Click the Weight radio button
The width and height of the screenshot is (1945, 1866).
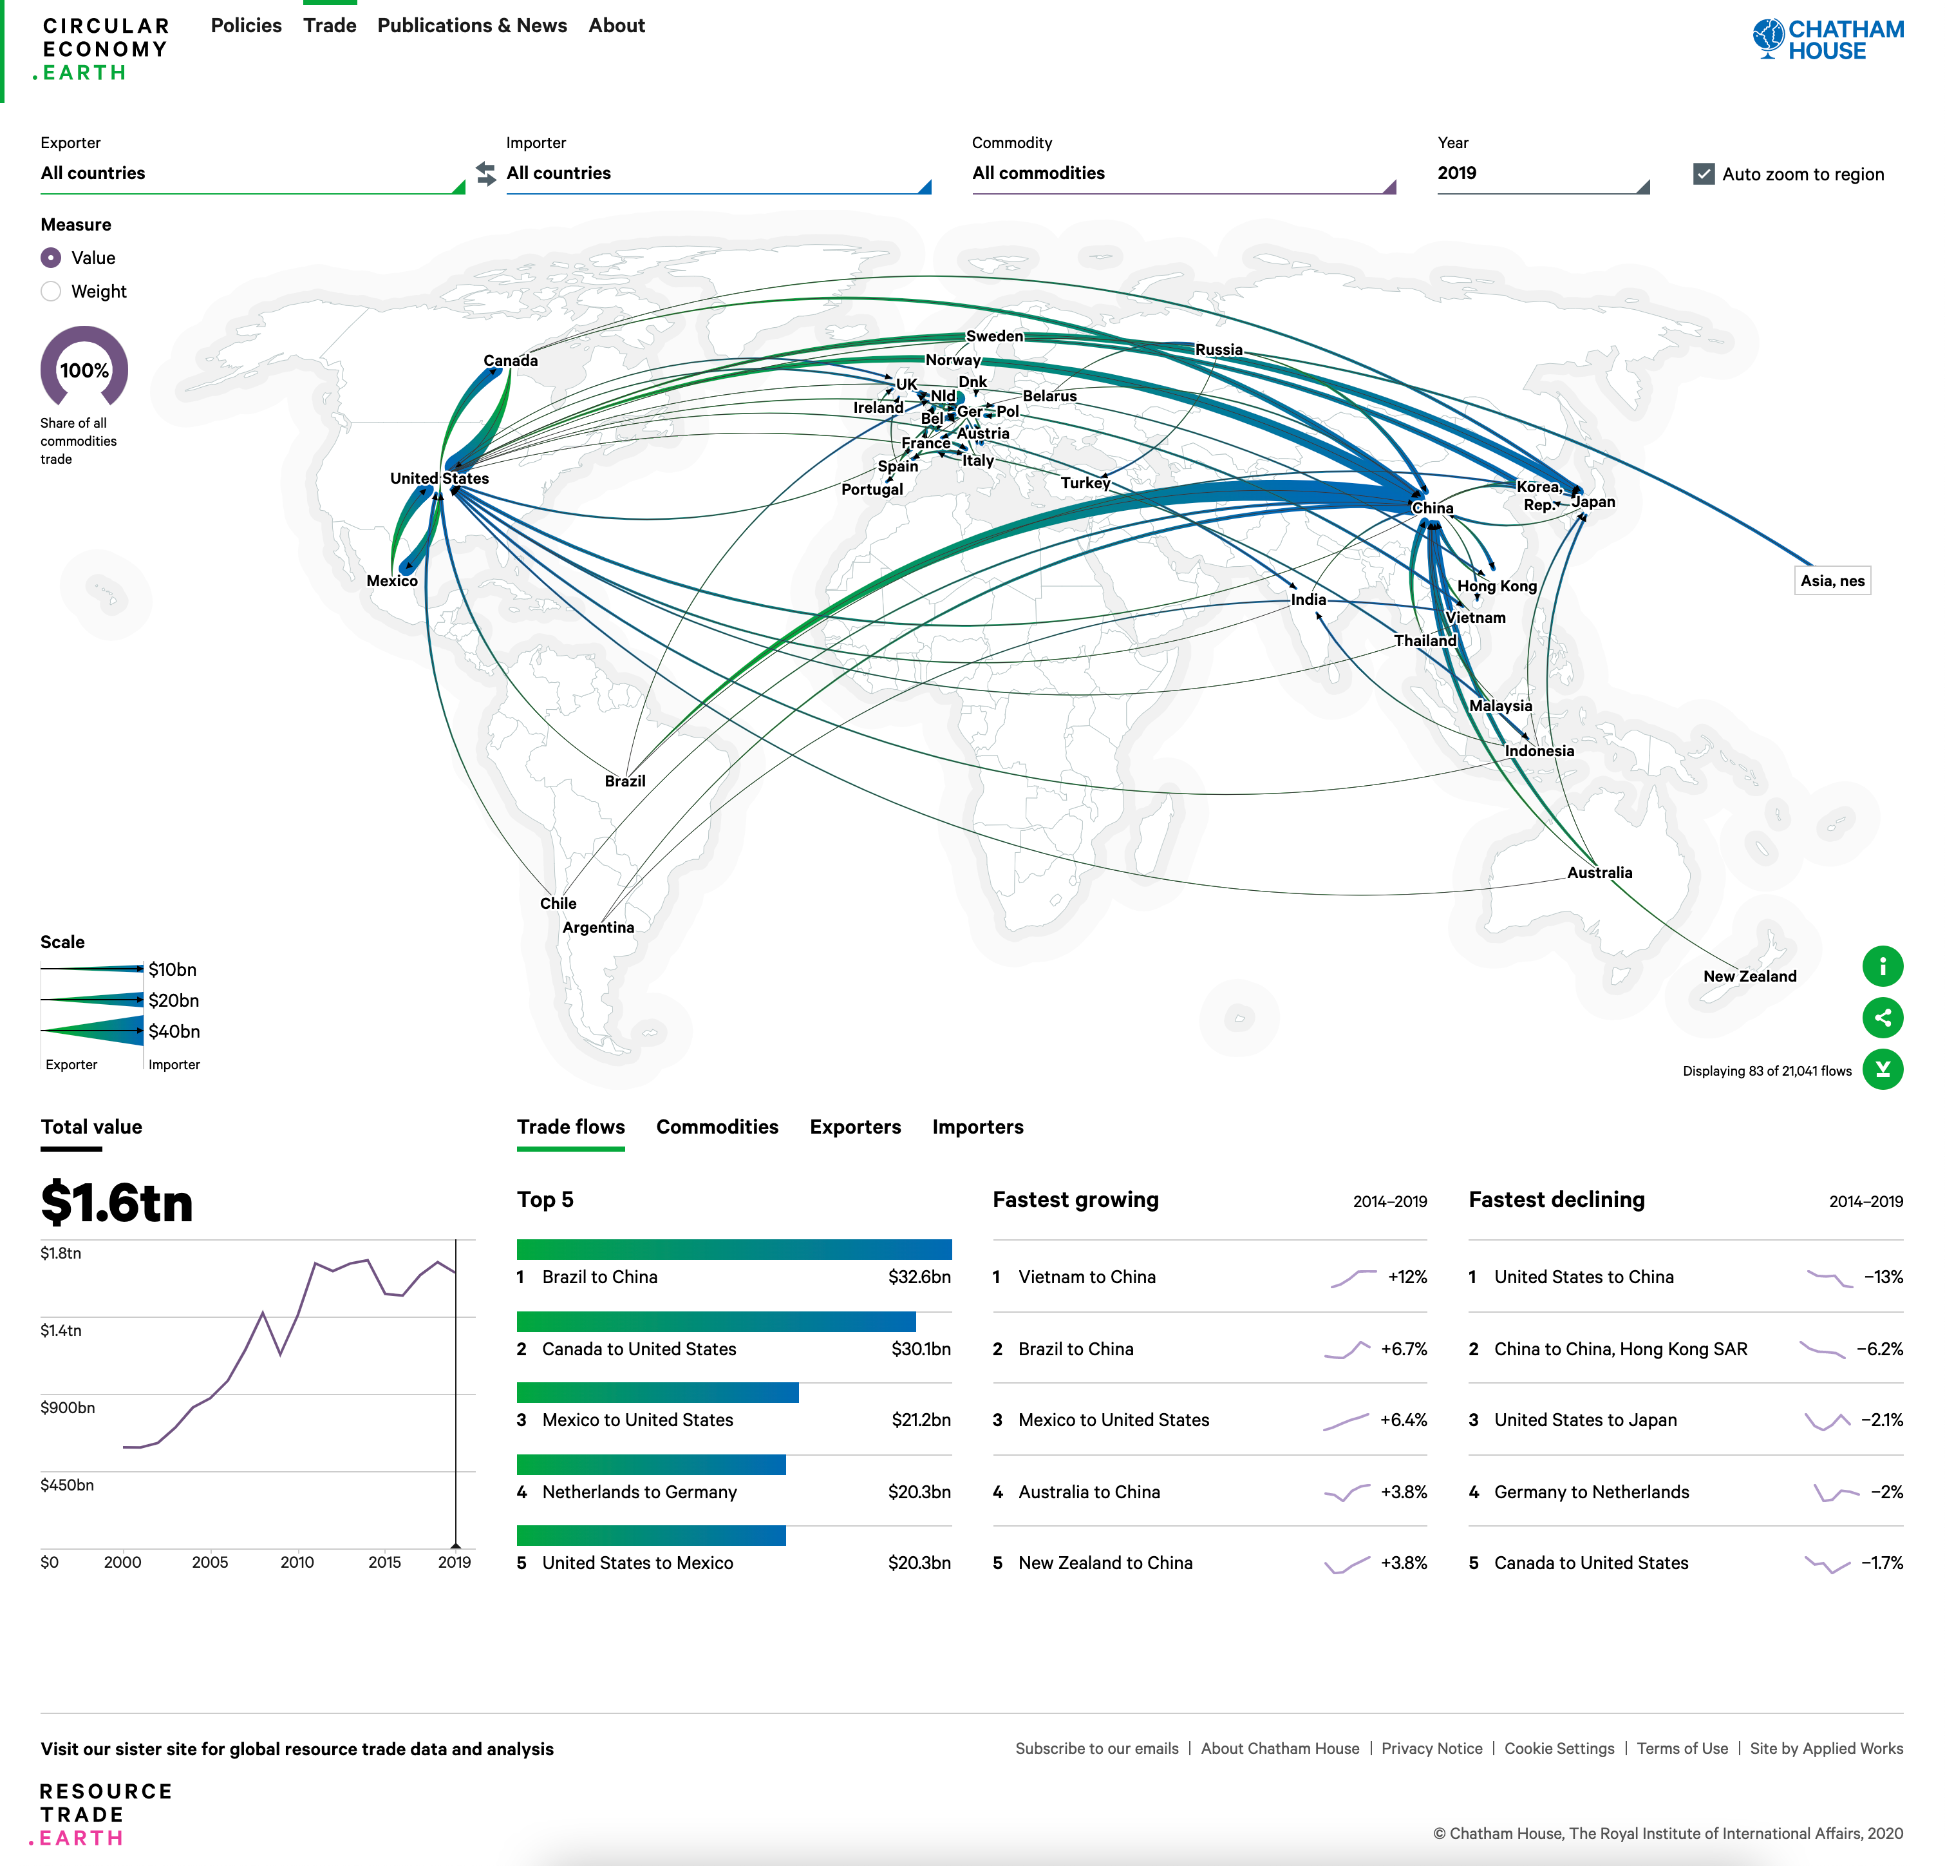52,291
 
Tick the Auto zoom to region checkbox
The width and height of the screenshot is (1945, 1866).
1704,174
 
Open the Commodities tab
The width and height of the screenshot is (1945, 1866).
717,1127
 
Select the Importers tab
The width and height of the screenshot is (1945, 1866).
977,1127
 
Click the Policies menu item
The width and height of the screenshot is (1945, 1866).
246,26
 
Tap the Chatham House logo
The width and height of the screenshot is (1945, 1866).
1828,40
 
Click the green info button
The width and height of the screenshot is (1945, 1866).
1881,966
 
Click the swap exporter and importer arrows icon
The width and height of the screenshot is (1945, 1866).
485,174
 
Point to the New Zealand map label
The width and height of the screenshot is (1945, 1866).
1749,976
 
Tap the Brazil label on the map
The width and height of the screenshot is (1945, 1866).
625,781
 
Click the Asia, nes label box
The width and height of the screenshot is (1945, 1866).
1832,580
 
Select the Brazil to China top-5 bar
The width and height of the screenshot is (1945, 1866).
733,1250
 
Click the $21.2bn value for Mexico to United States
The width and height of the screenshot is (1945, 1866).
920,1420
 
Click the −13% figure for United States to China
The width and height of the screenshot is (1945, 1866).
1883,1277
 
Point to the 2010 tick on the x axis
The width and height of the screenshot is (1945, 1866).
297,1562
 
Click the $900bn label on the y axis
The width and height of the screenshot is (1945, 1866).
68,1407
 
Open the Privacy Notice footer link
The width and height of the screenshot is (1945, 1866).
1431,1748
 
